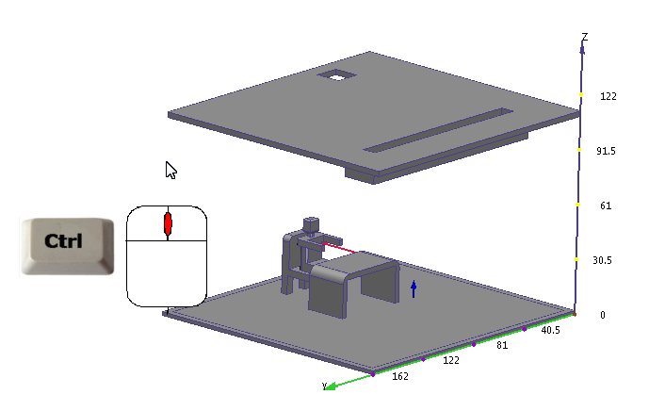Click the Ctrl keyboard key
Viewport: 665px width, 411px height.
[x=68, y=246]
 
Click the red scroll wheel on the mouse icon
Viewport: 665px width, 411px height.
[x=168, y=223]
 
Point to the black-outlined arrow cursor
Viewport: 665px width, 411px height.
[x=170, y=171]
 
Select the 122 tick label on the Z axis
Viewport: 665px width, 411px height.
[x=608, y=96]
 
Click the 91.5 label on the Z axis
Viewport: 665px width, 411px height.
[x=606, y=151]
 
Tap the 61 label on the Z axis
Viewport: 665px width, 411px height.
[x=606, y=205]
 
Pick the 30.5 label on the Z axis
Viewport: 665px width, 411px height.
[x=602, y=260]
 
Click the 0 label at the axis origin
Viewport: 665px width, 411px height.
[x=603, y=315]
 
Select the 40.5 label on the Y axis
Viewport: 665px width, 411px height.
[x=550, y=330]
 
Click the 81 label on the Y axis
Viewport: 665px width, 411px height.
[x=502, y=346]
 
